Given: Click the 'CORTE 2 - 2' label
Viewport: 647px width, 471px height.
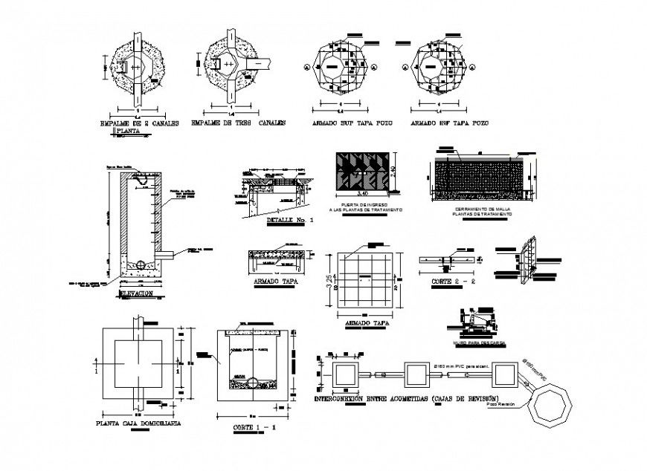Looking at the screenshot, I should coord(452,282).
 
